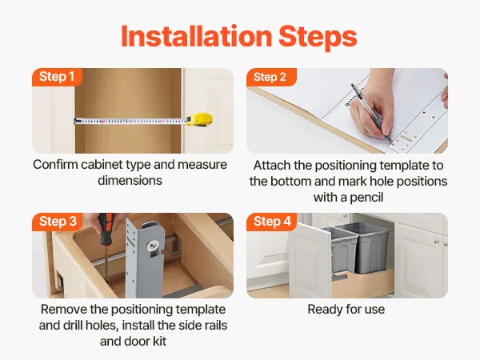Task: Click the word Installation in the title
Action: point(197,37)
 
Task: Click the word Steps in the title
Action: point(318,38)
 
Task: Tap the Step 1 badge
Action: point(57,77)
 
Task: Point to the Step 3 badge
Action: point(58,222)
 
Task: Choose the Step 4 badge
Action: point(272,222)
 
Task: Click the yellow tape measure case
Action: point(199,120)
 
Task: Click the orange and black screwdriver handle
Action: point(106,229)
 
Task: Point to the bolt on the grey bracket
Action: point(153,246)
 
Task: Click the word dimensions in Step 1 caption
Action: point(130,180)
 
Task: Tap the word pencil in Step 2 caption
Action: point(366,198)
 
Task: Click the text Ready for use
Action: point(346,309)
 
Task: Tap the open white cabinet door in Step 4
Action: point(310,261)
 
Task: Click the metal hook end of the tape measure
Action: point(75,122)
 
